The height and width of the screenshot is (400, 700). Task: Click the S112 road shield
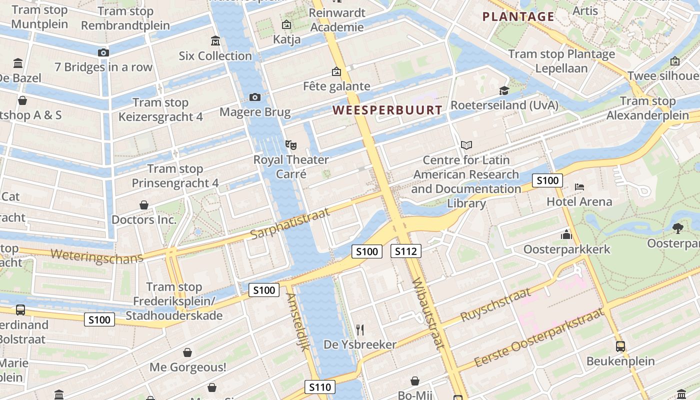(x=405, y=251)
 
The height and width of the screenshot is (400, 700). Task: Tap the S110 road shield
(x=320, y=387)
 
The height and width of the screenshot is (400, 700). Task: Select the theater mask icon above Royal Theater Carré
(x=291, y=145)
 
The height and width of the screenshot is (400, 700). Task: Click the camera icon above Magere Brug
(x=254, y=97)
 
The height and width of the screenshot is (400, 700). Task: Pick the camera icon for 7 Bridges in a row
(x=103, y=52)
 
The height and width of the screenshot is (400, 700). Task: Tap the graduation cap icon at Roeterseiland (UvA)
(x=504, y=90)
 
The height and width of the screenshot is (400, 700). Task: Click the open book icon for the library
(x=466, y=145)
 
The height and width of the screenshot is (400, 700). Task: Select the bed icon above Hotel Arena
(x=579, y=187)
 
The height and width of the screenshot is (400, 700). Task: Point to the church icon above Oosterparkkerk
(x=566, y=234)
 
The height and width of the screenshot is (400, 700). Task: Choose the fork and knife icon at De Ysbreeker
(x=359, y=329)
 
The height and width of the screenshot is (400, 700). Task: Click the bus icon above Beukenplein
(x=620, y=346)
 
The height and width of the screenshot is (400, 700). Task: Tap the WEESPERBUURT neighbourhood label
(x=387, y=110)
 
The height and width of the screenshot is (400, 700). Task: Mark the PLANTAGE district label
(x=518, y=17)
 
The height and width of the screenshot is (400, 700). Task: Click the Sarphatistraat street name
(x=290, y=223)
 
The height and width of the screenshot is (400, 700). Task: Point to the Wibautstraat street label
(x=428, y=312)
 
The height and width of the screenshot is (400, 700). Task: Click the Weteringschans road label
(x=96, y=256)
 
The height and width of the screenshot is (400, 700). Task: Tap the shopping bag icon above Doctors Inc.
(x=144, y=205)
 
